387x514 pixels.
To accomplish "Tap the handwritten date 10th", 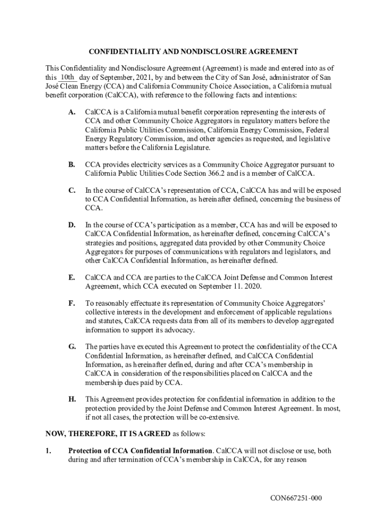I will [67, 77].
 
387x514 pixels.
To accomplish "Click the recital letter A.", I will [72, 112].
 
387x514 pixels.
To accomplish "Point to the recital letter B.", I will [72, 165].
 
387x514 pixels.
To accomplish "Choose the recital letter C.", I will [72, 191].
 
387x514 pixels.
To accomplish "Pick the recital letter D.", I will [72, 225].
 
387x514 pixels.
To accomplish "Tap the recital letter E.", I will [72, 278].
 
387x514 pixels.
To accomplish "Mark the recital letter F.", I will [72, 304].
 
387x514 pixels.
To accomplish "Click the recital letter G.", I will [72, 347].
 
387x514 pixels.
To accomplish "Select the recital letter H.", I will [72, 400].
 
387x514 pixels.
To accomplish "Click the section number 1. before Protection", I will [48, 451].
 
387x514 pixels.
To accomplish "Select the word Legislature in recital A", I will [192, 148].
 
